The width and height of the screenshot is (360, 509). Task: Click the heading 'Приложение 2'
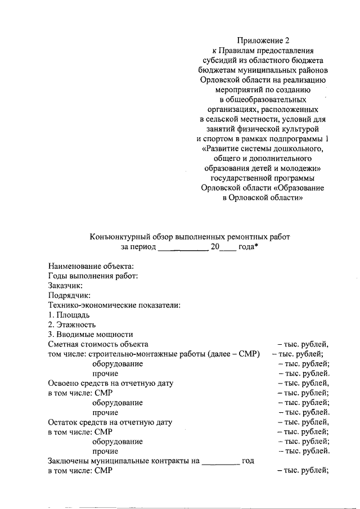tap(263, 40)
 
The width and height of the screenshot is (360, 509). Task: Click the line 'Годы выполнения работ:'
tap(93, 275)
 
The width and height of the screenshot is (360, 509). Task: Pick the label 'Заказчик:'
tap(66, 285)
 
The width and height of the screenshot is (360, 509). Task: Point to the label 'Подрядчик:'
tap(70, 295)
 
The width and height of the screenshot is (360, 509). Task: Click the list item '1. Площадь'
tap(69, 314)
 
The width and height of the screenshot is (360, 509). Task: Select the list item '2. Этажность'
tap(72, 325)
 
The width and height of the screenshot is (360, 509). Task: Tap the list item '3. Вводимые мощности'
tap(90, 334)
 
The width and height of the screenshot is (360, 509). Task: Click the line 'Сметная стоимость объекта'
tap(98, 344)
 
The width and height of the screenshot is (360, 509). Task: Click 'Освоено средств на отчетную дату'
tap(111, 383)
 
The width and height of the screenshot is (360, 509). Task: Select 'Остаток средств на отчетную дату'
tap(110, 422)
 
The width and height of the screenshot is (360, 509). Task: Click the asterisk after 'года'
tap(256, 246)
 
